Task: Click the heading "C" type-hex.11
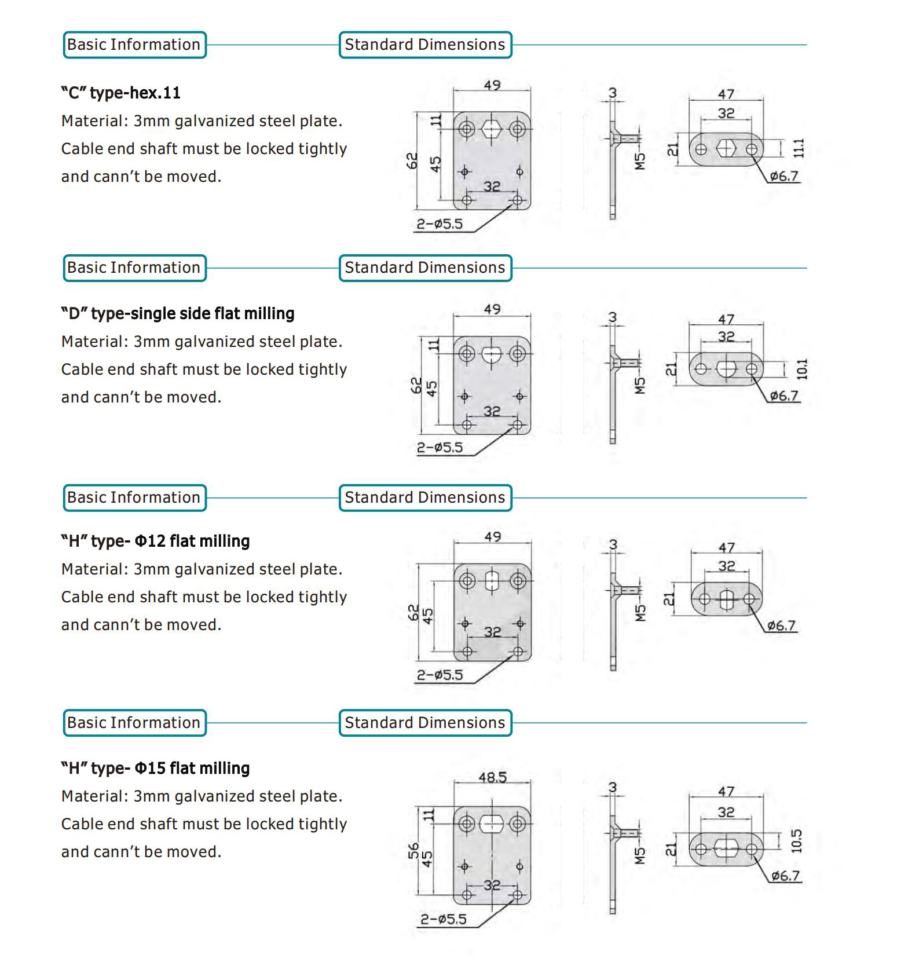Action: click(120, 93)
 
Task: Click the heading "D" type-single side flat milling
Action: click(178, 313)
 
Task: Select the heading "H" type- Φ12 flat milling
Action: click(155, 541)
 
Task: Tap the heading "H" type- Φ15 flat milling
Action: click(155, 768)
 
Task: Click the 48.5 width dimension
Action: click(492, 777)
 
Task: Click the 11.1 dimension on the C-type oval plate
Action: click(799, 148)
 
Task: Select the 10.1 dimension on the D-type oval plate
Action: click(801, 369)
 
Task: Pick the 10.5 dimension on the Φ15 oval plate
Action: click(797, 841)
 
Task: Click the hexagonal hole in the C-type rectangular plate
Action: click(492, 129)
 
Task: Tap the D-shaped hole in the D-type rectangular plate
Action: click(492, 354)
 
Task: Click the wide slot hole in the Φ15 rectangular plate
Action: click(492, 824)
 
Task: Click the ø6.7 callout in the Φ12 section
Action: click(781, 625)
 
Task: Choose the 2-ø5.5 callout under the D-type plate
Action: click(440, 447)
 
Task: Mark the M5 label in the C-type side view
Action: click(640, 162)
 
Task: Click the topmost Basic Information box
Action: click(134, 45)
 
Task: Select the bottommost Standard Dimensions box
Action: click(425, 723)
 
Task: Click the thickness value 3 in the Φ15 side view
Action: click(613, 787)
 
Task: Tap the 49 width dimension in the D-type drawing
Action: click(492, 309)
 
